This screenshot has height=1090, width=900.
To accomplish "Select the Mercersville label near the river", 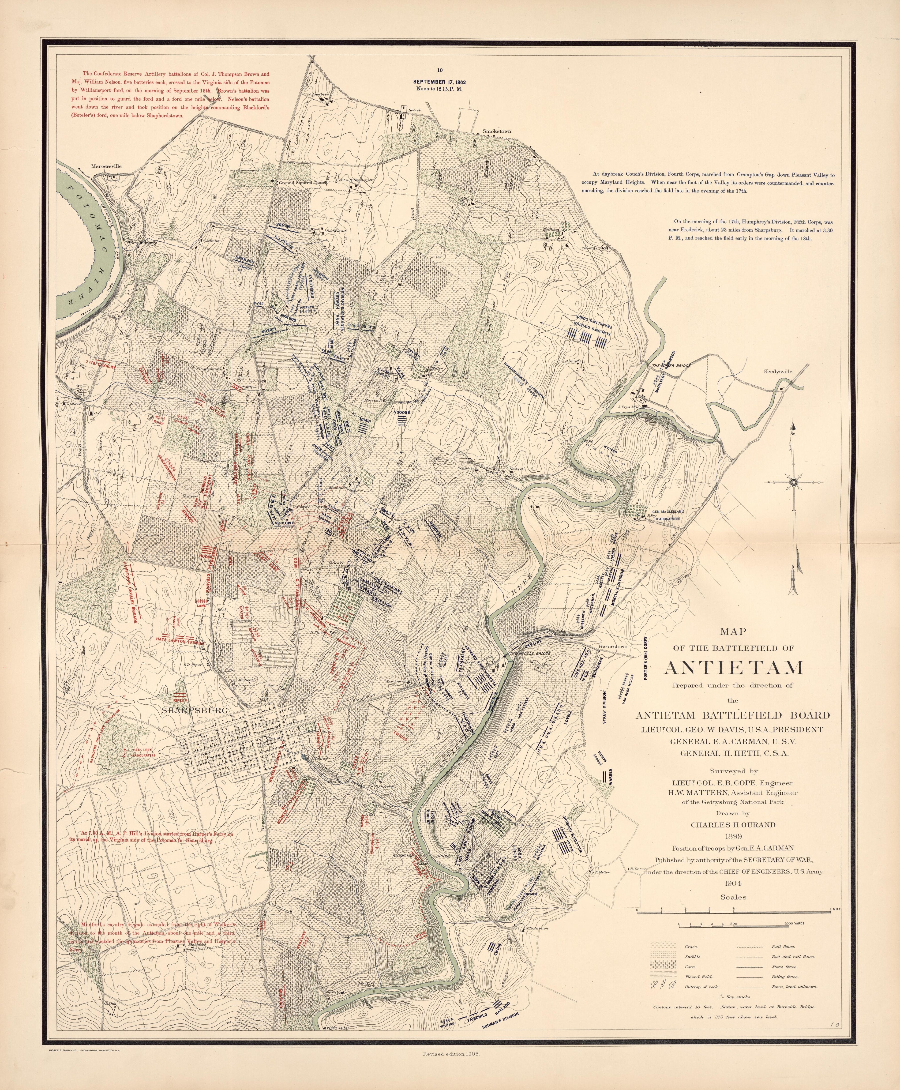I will pos(106,166).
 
